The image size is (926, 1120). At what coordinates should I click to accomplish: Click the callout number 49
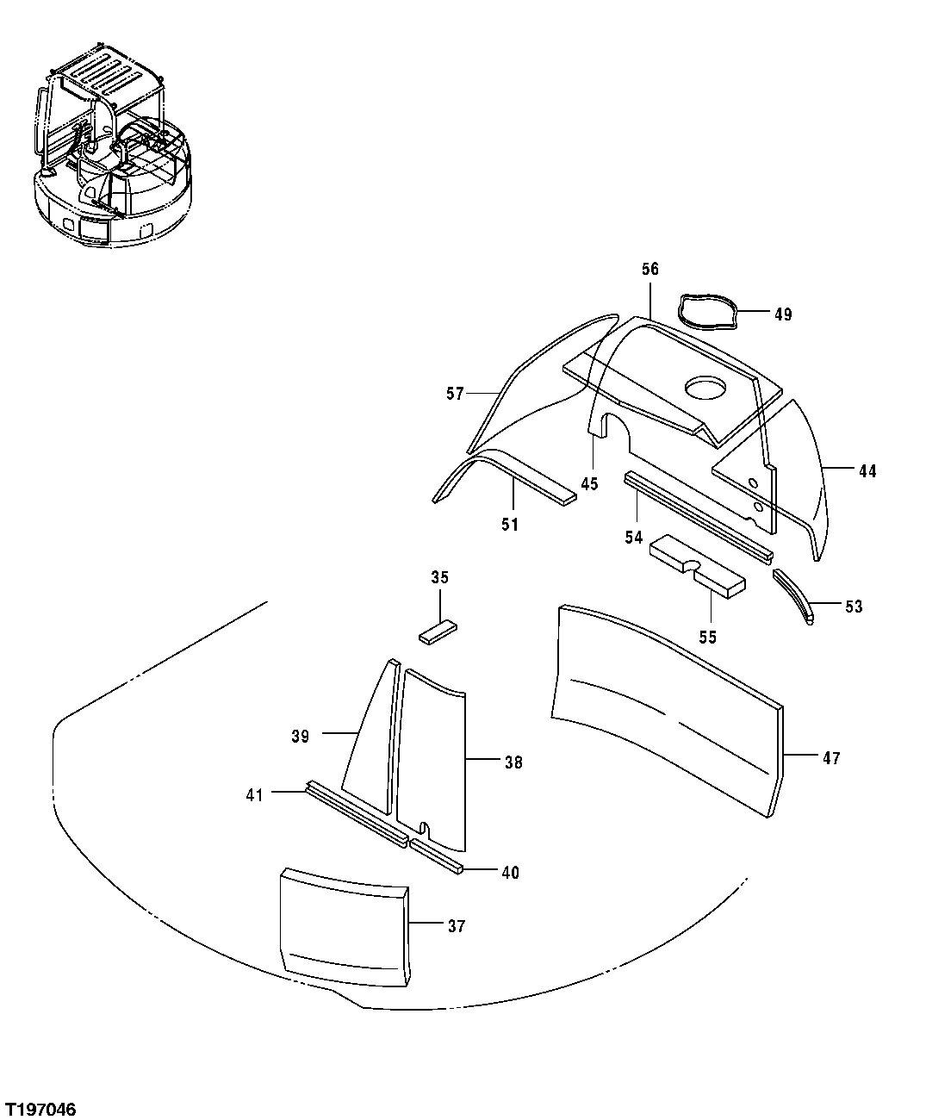pyautogui.click(x=782, y=314)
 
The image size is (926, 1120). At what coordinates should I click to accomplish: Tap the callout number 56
pyautogui.click(x=649, y=270)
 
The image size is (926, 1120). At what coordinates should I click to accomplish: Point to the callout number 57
pyautogui.click(x=455, y=394)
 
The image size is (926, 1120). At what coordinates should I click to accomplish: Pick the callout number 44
pyautogui.click(x=867, y=471)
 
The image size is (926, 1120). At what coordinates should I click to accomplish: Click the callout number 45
pyautogui.click(x=589, y=484)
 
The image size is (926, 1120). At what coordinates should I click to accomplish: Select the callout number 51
pyautogui.click(x=510, y=524)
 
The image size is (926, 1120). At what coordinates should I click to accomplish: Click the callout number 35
pyautogui.click(x=439, y=577)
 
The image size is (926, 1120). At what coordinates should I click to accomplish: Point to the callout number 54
pyautogui.click(x=634, y=538)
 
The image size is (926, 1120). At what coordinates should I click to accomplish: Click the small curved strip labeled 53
pyautogui.click(x=793, y=594)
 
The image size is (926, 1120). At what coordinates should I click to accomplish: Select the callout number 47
pyautogui.click(x=830, y=758)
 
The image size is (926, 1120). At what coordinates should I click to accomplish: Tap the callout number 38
pyautogui.click(x=513, y=762)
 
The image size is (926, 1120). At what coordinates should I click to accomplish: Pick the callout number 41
pyautogui.click(x=254, y=795)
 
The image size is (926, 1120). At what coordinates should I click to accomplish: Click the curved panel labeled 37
pyautogui.click(x=345, y=926)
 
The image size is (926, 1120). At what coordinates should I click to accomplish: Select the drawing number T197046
pyautogui.click(x=40, y=1108)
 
